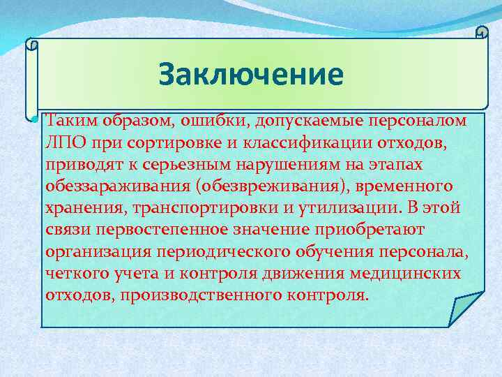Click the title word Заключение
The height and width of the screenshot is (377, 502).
click(251, 75)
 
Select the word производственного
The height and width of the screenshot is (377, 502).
click(200, 295)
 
